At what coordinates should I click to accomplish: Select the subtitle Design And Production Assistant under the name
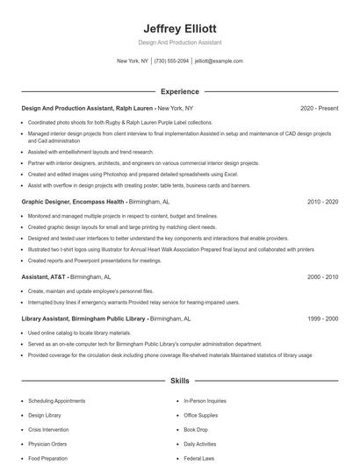pyautogui.click(x=180, y=42)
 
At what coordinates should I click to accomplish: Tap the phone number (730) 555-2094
pyautogui.click(x=171, y=61)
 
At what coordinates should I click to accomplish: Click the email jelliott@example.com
pyautogui.click(x=219, y=61)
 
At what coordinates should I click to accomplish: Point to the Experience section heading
pyautogui.click(x=180, y=91)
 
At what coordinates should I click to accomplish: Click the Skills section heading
pyautogui.click(x=180, y=382)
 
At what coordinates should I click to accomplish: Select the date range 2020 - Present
pyautogui.click(x=319, y=108)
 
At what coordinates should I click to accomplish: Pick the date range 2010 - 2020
pyautogui.click(x=322, y=201)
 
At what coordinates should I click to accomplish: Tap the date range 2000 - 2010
pyautogui.click(x=322, y=276)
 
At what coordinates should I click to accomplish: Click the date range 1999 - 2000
pyautogui.click(x=322, y=318)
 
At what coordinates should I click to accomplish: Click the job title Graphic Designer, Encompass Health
pyautogui.click(x=74, y=201)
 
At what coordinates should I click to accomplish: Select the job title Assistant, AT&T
pyautogui.click(x=44, y=276)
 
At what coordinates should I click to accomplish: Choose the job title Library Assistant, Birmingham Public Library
pyautogui.click(x=83, y=318)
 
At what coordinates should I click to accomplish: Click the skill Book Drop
pyautogui.click(x=196, y=430)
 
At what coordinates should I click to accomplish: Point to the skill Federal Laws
pyautogui.click(x=198, y=458)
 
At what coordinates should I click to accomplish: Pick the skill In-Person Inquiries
pyautogui.click(x=204, y=401)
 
